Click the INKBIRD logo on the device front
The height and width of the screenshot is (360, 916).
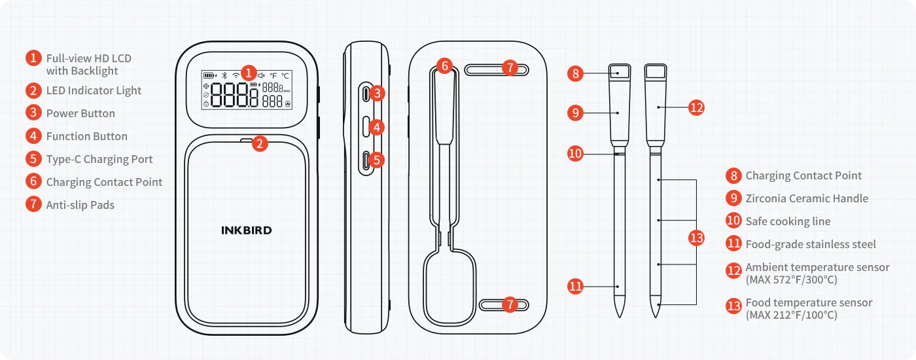[246, 230]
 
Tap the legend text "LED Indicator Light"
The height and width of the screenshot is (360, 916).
[94, 90]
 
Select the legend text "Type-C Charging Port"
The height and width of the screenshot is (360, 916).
[99, 159]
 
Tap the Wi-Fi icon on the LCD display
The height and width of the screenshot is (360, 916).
[236, 75]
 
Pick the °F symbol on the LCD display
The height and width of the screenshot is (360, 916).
[273, 75]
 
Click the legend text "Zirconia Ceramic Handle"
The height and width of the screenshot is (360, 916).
[807, 198]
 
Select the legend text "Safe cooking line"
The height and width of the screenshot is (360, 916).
[788, 221]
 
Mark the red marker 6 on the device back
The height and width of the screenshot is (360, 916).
[444, 65]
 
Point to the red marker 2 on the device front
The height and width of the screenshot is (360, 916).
[260, 143]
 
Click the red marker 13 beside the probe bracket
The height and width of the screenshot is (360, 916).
[698, 238]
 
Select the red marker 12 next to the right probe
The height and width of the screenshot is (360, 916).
[697, 107]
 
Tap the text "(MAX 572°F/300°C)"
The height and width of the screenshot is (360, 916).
[791, 279]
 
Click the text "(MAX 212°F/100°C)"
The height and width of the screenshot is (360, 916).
[791, 315]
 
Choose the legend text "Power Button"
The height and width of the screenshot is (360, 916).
[80, 113]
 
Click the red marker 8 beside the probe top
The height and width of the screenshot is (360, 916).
[575, 73]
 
